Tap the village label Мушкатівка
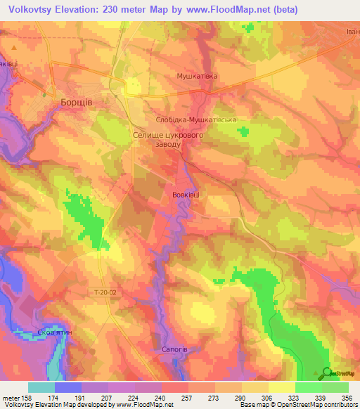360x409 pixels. tap(196, 75)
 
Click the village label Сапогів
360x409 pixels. tap(173, 348)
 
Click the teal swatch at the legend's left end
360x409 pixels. tap(41, 387)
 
